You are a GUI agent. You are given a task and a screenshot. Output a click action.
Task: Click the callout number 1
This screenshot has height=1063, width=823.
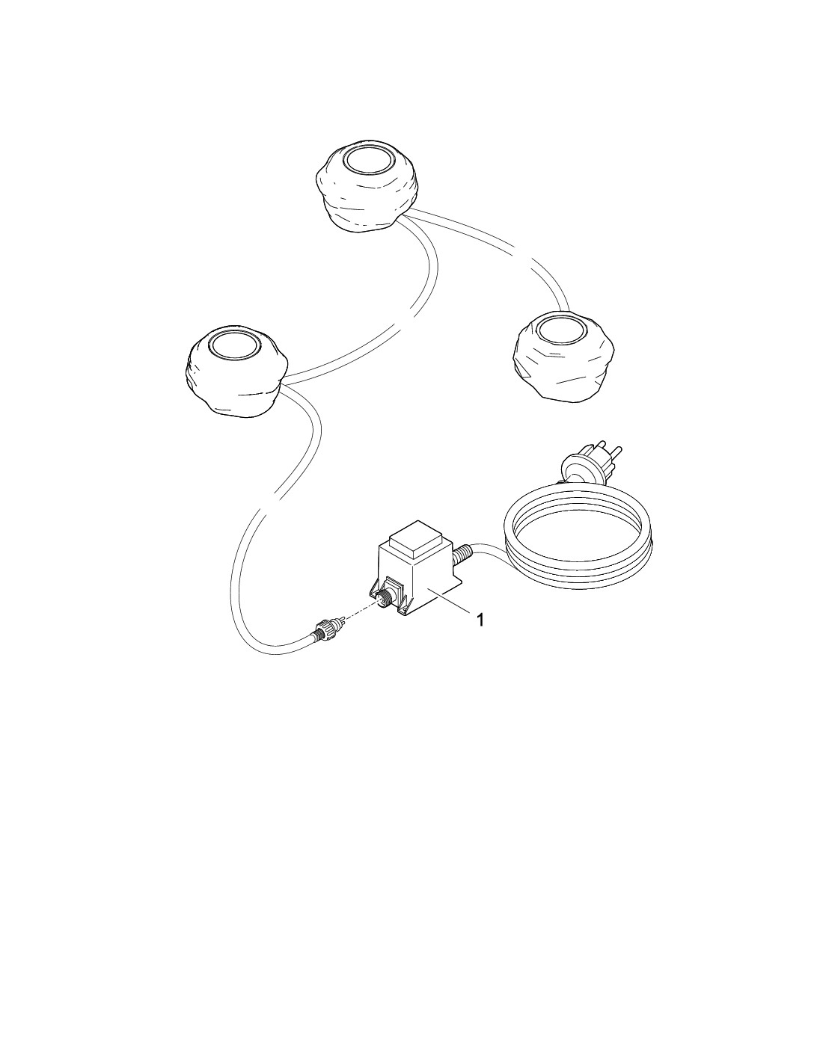[x=480, y=620]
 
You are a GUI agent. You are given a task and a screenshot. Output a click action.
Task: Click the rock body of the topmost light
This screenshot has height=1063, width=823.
[x=367, y=200]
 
